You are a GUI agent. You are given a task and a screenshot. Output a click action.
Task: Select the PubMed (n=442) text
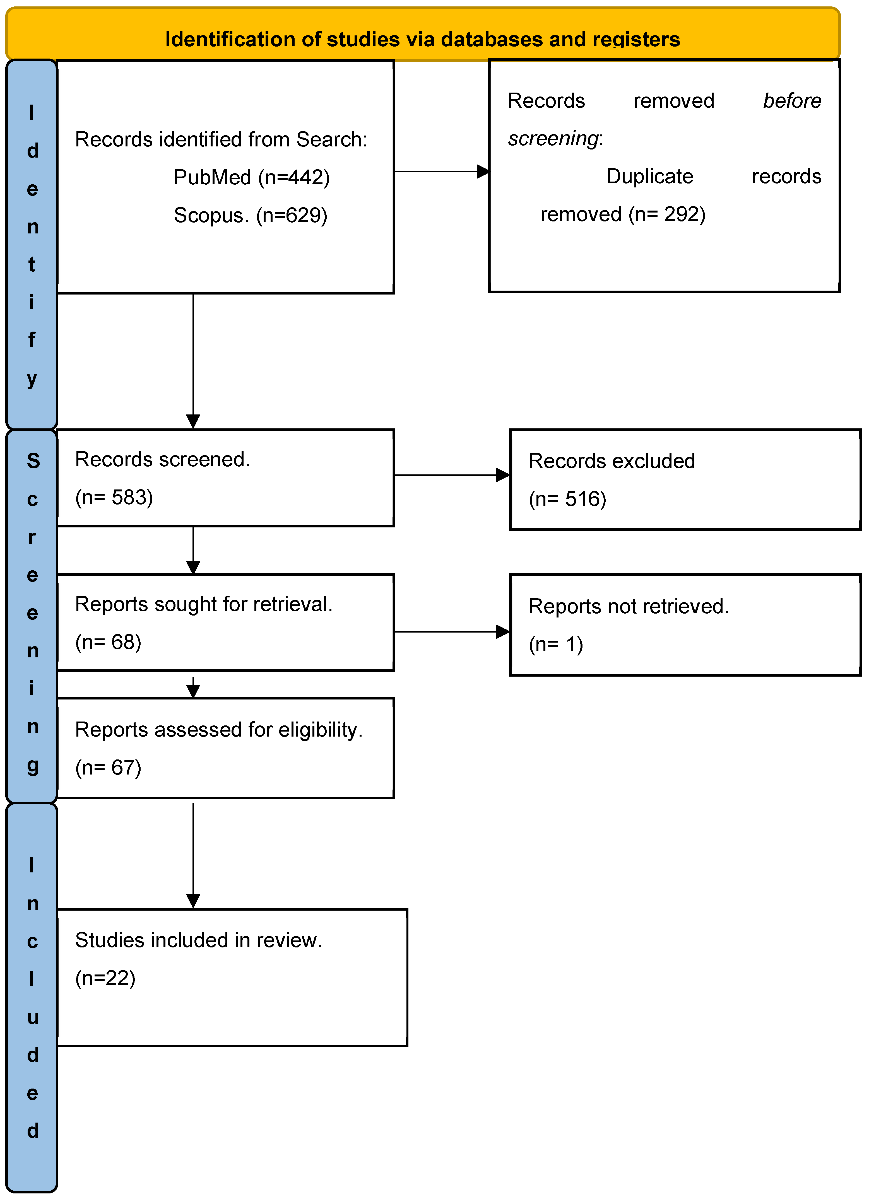tap(251, 178)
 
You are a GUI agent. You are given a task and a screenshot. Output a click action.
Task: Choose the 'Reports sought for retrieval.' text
tap(204, 605)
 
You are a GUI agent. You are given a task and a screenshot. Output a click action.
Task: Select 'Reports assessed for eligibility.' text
tap(218, 730)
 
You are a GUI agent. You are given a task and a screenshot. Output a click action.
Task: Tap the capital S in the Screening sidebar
tap(33, 461)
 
